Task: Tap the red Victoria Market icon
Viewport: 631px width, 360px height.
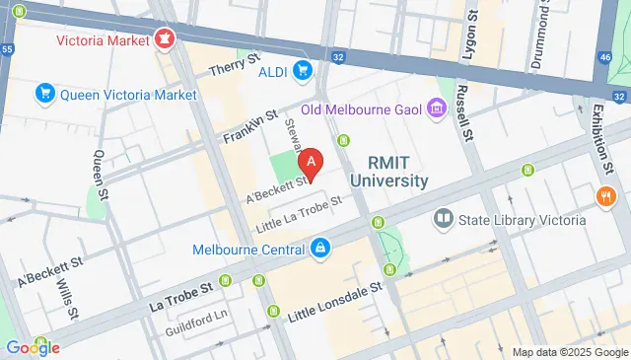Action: [165, 40]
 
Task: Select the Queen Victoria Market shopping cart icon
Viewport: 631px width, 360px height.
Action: [43, 94]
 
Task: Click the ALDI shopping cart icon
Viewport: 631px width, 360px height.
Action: [304, 70]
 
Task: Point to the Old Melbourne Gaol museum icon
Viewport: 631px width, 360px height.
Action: [435, 108]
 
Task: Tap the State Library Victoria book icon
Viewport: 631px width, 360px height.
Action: [443, 218]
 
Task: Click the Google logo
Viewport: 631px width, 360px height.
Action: [32, 347]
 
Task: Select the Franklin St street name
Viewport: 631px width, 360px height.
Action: [245, 126]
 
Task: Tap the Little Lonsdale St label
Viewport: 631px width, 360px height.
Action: [334, 304]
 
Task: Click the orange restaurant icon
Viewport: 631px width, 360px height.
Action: [606, 197]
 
